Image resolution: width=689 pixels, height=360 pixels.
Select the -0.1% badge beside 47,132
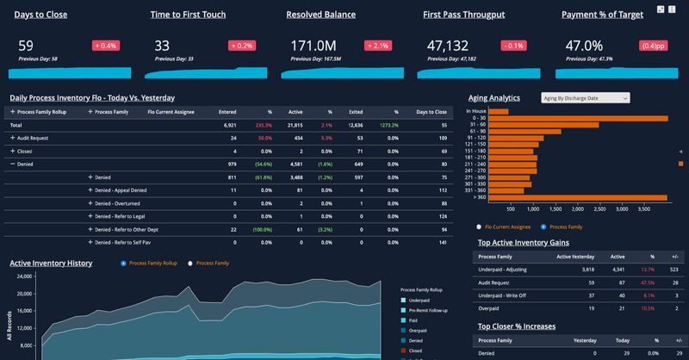point(513,45)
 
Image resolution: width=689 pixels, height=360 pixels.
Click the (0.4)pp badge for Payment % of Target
point(651,45)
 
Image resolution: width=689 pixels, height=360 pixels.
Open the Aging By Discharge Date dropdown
point(585,98)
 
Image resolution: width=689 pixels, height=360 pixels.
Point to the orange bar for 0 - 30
point(585,119)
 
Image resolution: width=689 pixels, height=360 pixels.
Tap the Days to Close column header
point(431,112)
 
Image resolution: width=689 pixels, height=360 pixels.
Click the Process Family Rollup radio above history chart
point(124,263)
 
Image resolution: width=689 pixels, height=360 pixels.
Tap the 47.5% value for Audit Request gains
point(624,282)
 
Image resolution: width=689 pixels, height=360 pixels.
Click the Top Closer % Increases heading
point(516,326)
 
